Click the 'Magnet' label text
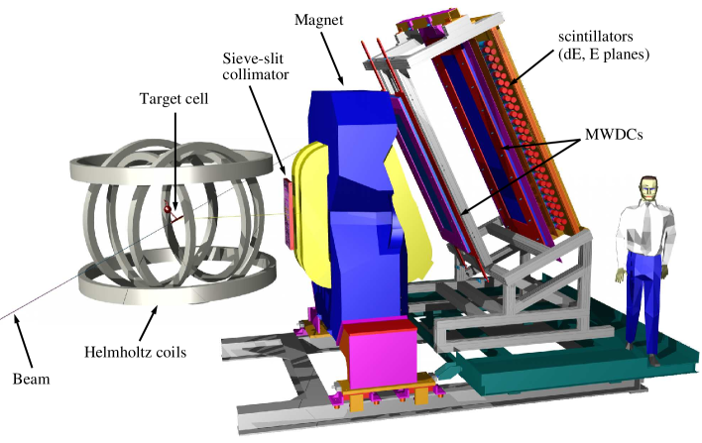tap(318, 20)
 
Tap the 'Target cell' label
tap(175, 98)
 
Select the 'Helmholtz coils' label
tap(135, 352)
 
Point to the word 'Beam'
tap(31, 379)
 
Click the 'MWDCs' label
tap(614, 134)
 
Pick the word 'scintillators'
tap(596, 36)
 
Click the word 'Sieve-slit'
tap(253, 58)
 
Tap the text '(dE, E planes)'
tap(604, 55)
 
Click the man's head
tap(648, 188)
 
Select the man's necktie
tap(646, 222)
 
